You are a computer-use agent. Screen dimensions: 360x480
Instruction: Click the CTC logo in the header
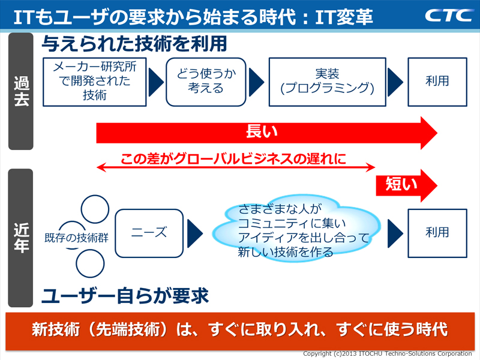tap(449, 15)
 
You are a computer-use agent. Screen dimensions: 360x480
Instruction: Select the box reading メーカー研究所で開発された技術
tap(94, 80)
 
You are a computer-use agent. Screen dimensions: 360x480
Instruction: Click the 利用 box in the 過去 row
tap(437, 80)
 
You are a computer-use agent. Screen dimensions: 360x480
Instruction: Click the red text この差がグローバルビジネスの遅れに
tap(233, 160)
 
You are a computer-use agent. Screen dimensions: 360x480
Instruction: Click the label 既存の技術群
tap(76, 237)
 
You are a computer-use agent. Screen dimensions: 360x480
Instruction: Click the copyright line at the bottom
tap(390, 353)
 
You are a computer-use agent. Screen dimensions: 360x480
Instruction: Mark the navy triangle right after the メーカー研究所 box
tap(155, 80)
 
